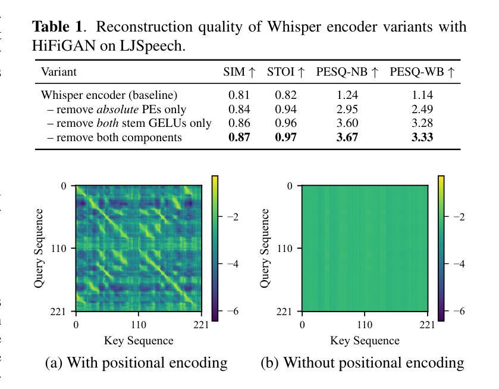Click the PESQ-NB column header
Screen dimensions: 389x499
(348, 72)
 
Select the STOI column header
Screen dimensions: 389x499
(286, 72)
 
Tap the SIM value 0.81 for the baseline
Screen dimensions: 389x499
(239, 95)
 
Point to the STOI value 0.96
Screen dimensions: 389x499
(285, 123)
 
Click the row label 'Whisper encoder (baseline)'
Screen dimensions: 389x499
(109, 95)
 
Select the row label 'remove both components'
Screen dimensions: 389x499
(114, 138)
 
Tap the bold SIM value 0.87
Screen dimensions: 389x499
(239, 138)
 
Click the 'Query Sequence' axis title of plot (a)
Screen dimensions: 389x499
(39, 248)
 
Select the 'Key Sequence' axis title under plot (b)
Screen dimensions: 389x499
(365, 341)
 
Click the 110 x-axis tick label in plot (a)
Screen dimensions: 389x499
(139, 325)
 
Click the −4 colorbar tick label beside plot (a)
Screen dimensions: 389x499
(233, 264)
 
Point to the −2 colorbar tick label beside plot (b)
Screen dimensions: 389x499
(459, 217)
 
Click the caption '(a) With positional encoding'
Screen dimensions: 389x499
(136, 363)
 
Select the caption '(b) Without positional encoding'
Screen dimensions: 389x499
(362, 363)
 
